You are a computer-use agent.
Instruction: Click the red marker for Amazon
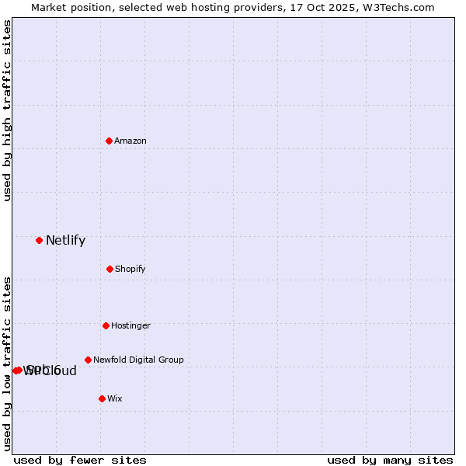tap(110, 141)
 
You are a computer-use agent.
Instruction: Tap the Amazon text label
tap(130, 141)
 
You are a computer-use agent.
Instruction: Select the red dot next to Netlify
tap(40, 240)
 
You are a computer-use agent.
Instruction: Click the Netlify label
tap(65, 241)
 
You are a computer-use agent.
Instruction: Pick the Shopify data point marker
tap(110, 269)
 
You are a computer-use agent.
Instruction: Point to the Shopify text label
tap(130, 270)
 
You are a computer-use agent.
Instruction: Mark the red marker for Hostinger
tap(106, 325)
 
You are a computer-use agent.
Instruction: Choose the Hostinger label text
tap(130, 326)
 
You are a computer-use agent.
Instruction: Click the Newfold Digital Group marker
tap(88, 360)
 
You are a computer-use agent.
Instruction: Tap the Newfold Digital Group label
tap(138, 360)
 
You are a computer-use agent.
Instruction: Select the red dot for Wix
tap(102, 398)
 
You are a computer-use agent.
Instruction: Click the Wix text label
tap(115, 399)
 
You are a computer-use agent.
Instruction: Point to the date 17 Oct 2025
tap(329, 7)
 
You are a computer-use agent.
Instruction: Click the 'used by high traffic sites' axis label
tap(7, 110)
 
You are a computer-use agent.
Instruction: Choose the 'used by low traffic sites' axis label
tap(7, 363)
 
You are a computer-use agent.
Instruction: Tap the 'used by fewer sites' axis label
tap(80, 460)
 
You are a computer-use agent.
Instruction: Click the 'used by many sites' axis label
tap(390, 460)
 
